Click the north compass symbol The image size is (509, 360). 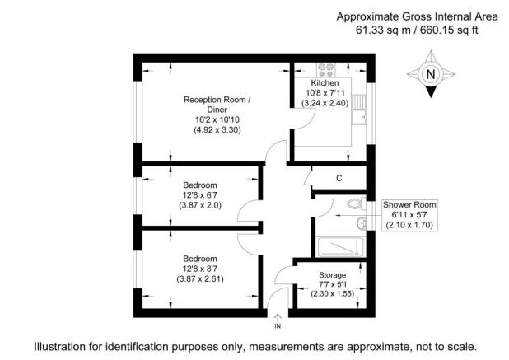(429, 74)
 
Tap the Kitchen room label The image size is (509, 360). (325, 83)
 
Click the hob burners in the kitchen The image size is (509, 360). (324, 69)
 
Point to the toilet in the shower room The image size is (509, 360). (354, 203)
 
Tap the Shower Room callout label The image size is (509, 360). (409, 204)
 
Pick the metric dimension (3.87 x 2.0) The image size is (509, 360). (200, 205)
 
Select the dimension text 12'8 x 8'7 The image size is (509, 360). (200, 269)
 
